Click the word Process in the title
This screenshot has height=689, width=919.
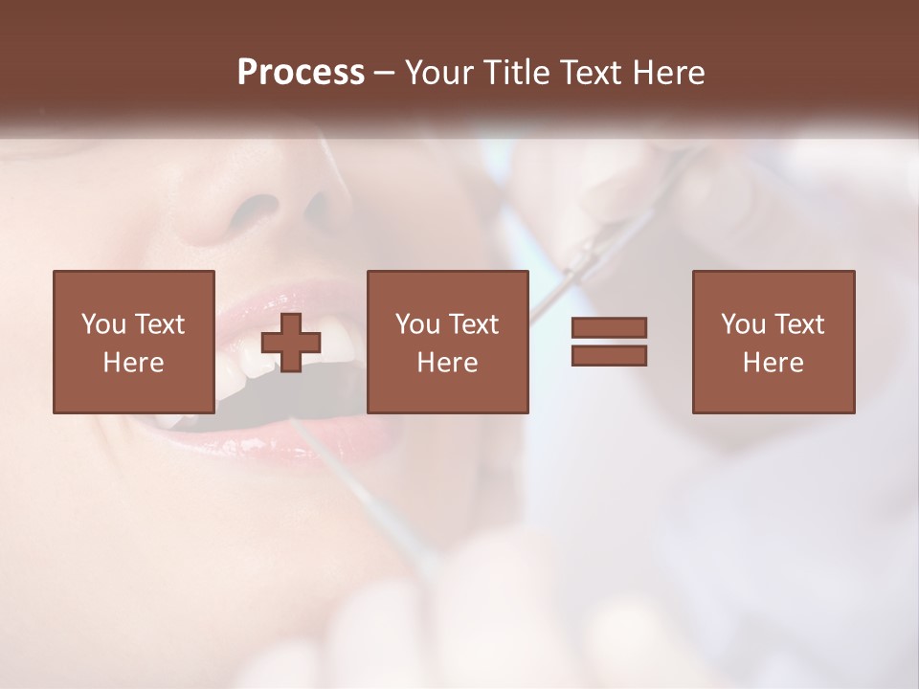pos(301,73)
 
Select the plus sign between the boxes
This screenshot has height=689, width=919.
pos(291,343)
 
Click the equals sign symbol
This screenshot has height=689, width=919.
pos(609,342)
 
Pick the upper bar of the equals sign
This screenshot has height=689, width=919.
pos(609,328)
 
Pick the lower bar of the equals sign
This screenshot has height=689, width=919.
pos(609,355)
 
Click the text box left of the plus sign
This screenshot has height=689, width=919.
pos(134,342)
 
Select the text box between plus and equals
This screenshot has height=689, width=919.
pos(448,342)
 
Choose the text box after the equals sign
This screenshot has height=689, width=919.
pos(773,342)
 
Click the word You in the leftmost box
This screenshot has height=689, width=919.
pos(103,324)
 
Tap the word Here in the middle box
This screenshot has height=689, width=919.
pos(448,363)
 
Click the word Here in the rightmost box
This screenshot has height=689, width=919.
pos(773,363)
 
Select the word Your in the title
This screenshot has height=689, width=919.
pos(438,73)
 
